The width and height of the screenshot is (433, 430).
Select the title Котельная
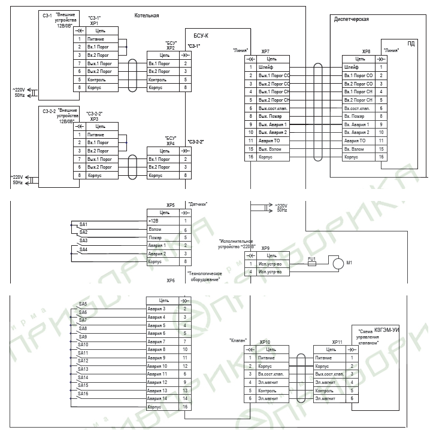(x=147, y=16)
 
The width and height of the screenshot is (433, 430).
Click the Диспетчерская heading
(x=351, y=20)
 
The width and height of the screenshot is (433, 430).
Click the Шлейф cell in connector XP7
(x=266, y=68)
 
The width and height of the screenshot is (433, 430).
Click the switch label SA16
(x=83, y=394)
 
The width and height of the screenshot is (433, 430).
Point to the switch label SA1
(x=83, y=224)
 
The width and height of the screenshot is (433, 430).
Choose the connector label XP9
(x=265, y=248)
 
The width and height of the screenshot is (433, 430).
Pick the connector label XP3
(x=94, y=119)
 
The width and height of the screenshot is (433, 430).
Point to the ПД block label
(x=411, y=44)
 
